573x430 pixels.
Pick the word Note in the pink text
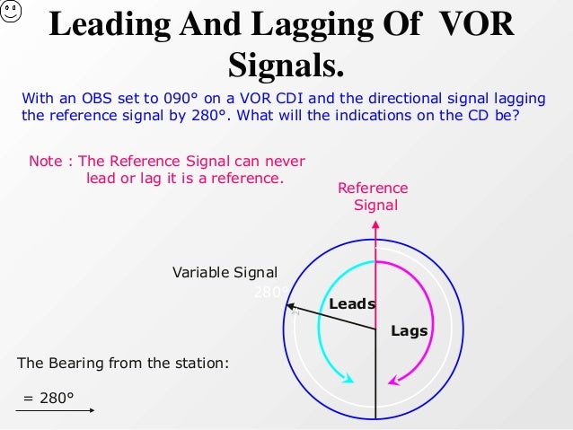pyautogui.click(x=46, y=162)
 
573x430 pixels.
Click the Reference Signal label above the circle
pyautogui.click(x=373, y=197)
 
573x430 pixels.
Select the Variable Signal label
pyautogui.click(x=225, y=273)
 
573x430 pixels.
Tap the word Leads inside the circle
pyautogui.click(x=352, y=303)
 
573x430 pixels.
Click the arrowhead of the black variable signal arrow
pyautogui.click(x=291, y=307)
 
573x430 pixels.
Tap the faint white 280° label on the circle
pyautogui.click(x=272, y=292)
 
